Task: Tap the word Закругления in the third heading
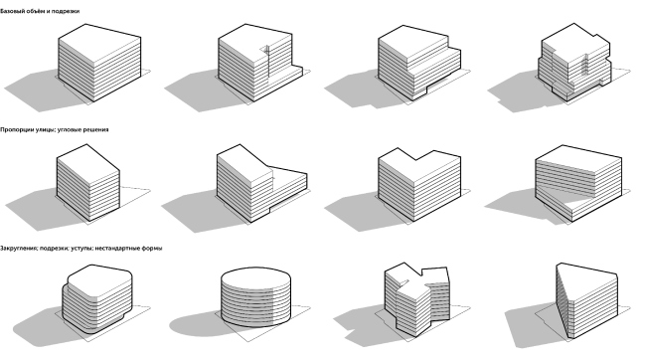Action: pos(20,247)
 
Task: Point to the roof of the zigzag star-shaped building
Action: pos(417,273)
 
